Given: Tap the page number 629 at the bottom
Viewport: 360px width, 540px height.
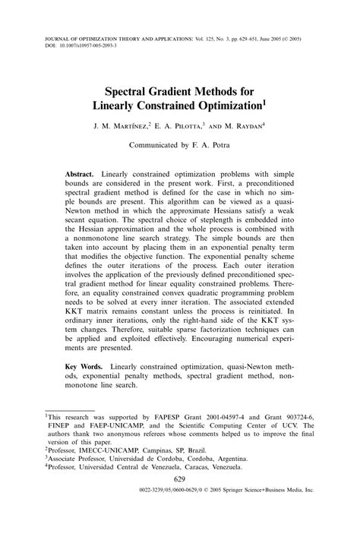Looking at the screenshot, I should pos(180,501).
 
